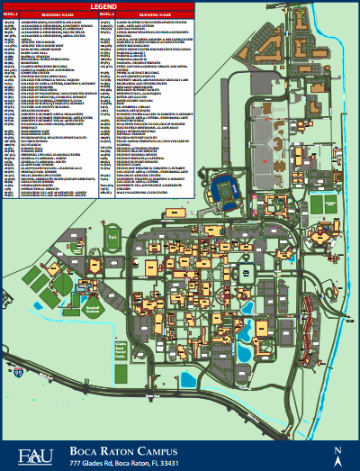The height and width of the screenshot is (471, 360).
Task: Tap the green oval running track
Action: [x=112, y=242]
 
